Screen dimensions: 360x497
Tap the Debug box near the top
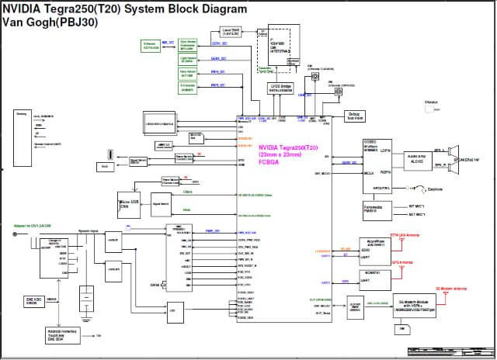[354, 115]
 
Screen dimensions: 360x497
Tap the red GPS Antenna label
[402, 262]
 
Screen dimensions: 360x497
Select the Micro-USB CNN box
[130, 202]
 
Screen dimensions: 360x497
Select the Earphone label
[435, 189]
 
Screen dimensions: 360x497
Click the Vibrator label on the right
[433, 102]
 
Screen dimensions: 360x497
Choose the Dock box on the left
[105, 165]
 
